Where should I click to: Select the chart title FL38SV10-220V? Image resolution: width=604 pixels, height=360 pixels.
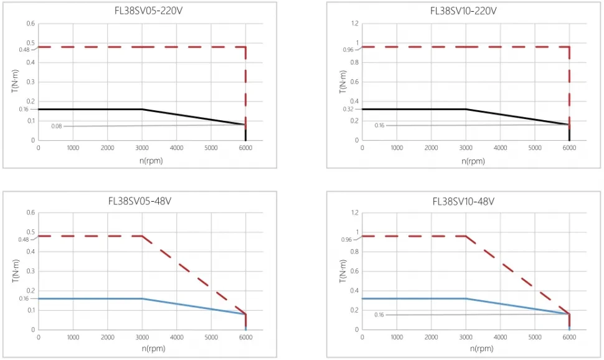464,11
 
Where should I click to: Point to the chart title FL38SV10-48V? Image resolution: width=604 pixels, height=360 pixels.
464,201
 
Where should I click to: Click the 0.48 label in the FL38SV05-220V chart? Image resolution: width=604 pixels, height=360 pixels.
23,50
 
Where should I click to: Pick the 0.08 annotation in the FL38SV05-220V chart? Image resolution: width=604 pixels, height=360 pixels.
57,126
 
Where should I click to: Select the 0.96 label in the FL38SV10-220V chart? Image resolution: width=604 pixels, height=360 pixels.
347,50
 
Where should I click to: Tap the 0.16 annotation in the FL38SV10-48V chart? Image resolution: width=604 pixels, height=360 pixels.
379,315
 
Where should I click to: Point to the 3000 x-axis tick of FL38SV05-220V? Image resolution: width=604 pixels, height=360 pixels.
142,148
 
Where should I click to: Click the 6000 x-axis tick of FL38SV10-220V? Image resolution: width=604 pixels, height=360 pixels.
569,148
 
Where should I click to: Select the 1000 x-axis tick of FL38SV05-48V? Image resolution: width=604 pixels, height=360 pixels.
73,337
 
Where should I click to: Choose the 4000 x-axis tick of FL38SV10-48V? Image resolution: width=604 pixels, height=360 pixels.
500,337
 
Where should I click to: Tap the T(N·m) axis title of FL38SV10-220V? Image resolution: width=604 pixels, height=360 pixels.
342,82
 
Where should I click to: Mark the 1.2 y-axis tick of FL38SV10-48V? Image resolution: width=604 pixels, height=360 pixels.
354,213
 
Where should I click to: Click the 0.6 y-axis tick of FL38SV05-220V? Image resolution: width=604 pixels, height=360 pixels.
31,24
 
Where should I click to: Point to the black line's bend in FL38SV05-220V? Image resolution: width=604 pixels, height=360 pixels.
142,110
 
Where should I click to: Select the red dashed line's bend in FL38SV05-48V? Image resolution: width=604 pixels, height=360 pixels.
142,236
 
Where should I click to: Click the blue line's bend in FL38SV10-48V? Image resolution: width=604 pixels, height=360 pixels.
466,298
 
